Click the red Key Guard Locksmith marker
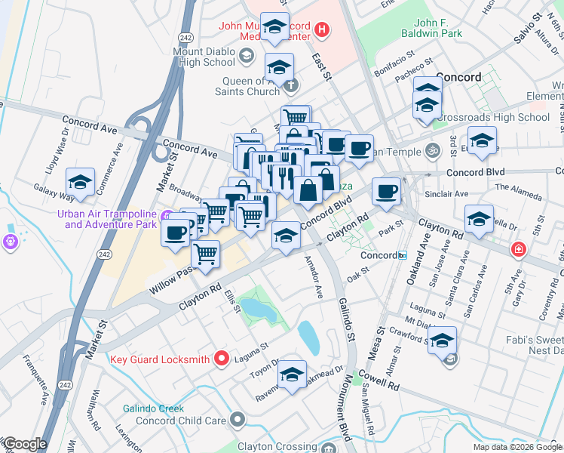pos(221,358)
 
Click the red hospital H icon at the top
pos(322,30)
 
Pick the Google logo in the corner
pos(24,444)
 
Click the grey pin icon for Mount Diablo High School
pos(247,55)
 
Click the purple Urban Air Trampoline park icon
pos(9,242)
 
